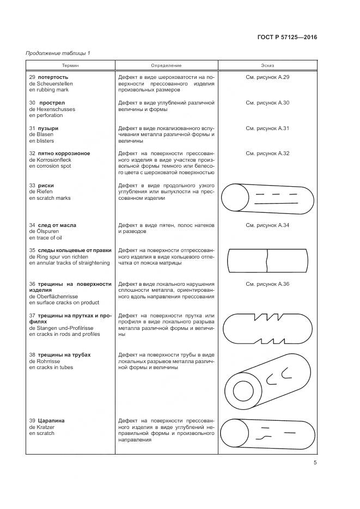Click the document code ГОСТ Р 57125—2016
click(x=286, y=38)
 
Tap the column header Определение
click(x=166, y=65)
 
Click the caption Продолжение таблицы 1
click(x=58, y=53)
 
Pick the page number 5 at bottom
click(x=315, y=463)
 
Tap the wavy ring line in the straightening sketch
click(x=267, y=260)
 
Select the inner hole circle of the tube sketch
click(x=243, y=391)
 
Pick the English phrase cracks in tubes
click(x=54, y=367)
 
